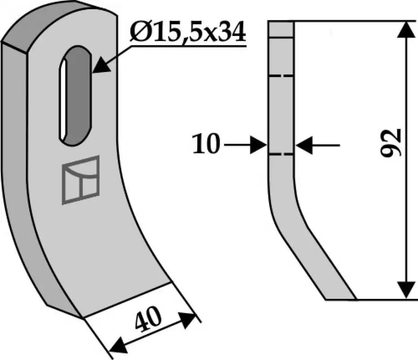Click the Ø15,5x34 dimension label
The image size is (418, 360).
pyautogui.click(x=188, y=32)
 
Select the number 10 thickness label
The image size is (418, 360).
pyautogui.click(x=206, y=144)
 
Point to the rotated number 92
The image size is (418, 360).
pyautogui.click(x=391, y=143)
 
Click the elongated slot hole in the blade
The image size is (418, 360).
pyautogui.click(x=76, y=95)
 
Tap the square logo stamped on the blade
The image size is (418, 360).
pyautogui.click(x=80, y=180)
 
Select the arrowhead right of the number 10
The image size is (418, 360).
pyautogui.click(x=258, y=145)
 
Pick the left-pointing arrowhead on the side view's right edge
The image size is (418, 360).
pyautogui.click(x=304, y=145)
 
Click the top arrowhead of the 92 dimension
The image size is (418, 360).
pyautogui.click(x=406, y=29)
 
